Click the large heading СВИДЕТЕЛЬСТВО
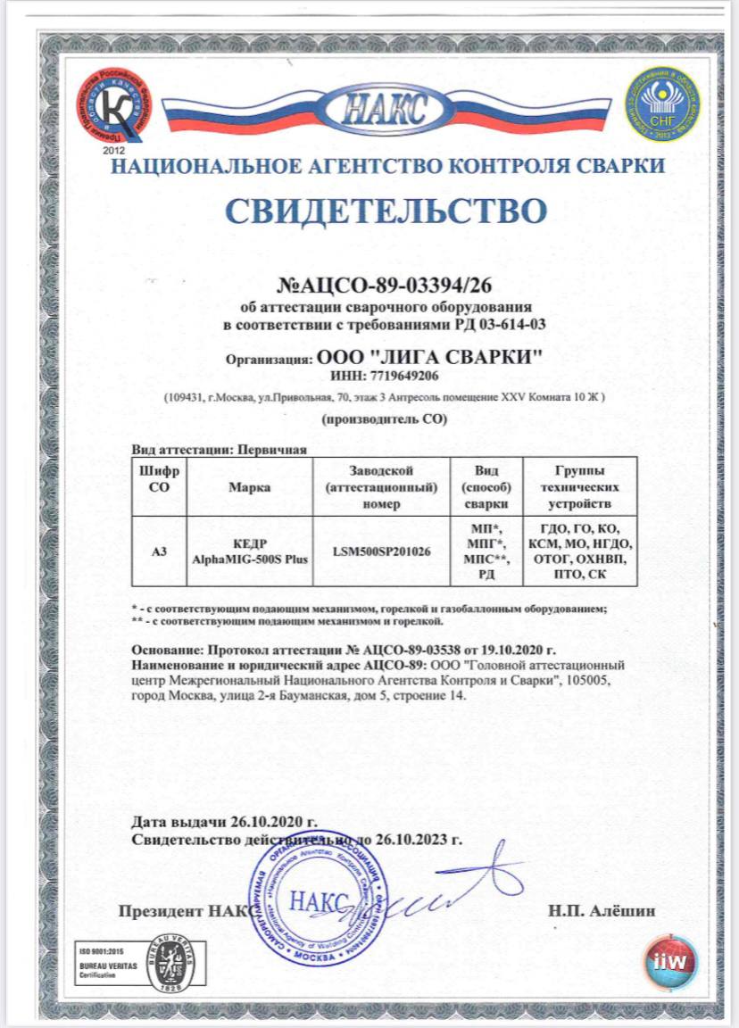pyautogui.click(x=385, y=211)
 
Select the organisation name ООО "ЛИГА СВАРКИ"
pyautogui.click(x=429, y=358)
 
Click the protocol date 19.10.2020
pyautogui.click(x=511, y=651)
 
